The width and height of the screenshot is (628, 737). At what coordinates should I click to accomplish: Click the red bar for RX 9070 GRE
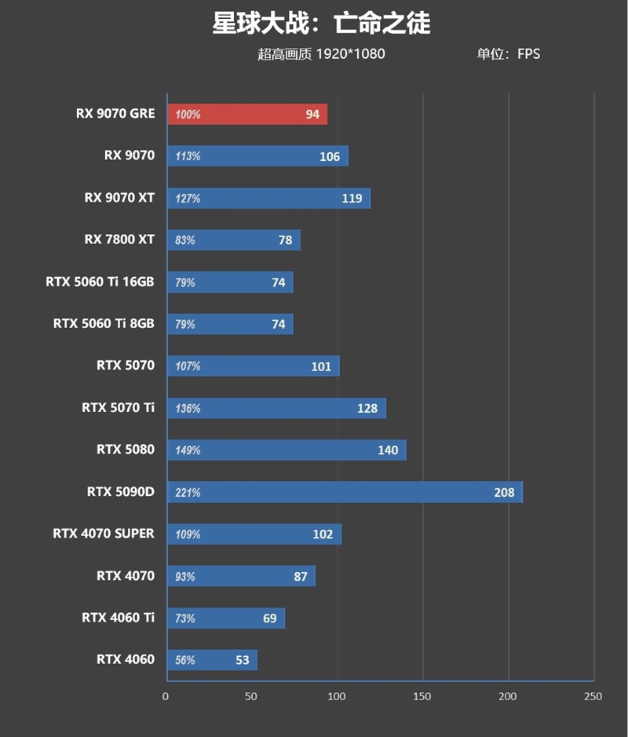point(246,115)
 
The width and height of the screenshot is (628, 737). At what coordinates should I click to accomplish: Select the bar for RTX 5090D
point(344,492)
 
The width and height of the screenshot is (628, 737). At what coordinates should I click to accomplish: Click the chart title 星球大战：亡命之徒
point(321,24)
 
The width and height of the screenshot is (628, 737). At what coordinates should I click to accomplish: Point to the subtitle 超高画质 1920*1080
point(321,55)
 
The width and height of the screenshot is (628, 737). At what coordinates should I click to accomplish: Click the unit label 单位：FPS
point(508,55)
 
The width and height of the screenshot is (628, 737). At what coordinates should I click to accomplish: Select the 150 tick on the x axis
point(422,696)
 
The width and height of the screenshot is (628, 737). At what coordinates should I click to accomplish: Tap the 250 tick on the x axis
point(593,696)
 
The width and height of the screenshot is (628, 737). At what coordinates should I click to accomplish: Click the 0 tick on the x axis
point(166,696)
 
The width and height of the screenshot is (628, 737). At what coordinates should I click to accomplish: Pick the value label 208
point(504,493)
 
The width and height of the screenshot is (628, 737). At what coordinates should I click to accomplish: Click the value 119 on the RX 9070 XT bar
point(352,199)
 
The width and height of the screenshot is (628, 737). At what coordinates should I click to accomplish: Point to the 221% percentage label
point(188,493)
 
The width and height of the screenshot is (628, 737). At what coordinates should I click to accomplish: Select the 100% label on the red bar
point(188,115)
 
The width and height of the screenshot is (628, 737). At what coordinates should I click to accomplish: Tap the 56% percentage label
point(185,661)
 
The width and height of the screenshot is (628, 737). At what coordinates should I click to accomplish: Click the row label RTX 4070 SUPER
point(104,534)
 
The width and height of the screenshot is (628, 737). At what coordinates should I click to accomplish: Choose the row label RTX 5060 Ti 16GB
point(100,282)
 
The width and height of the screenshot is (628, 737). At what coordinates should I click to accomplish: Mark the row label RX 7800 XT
point(119,239)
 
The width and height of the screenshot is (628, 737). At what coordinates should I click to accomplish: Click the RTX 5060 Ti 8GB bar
point(229,324)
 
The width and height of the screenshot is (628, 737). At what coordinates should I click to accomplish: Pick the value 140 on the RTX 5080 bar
point(388,451)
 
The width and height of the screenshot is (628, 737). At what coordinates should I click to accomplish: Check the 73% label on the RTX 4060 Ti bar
point(185,618)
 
